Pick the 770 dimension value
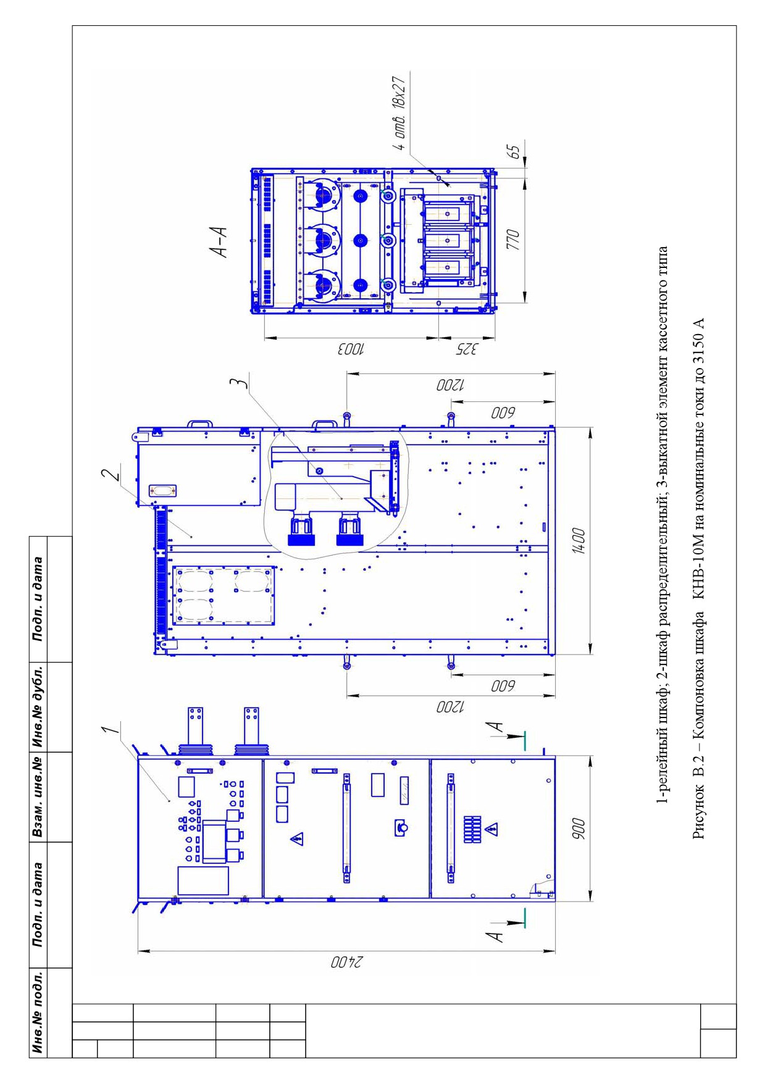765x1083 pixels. (x=512, y=239)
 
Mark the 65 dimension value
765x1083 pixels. (x=512, y=152)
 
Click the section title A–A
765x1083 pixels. (x=218, y=241)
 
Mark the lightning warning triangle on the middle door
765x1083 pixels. (x=297, y=838)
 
